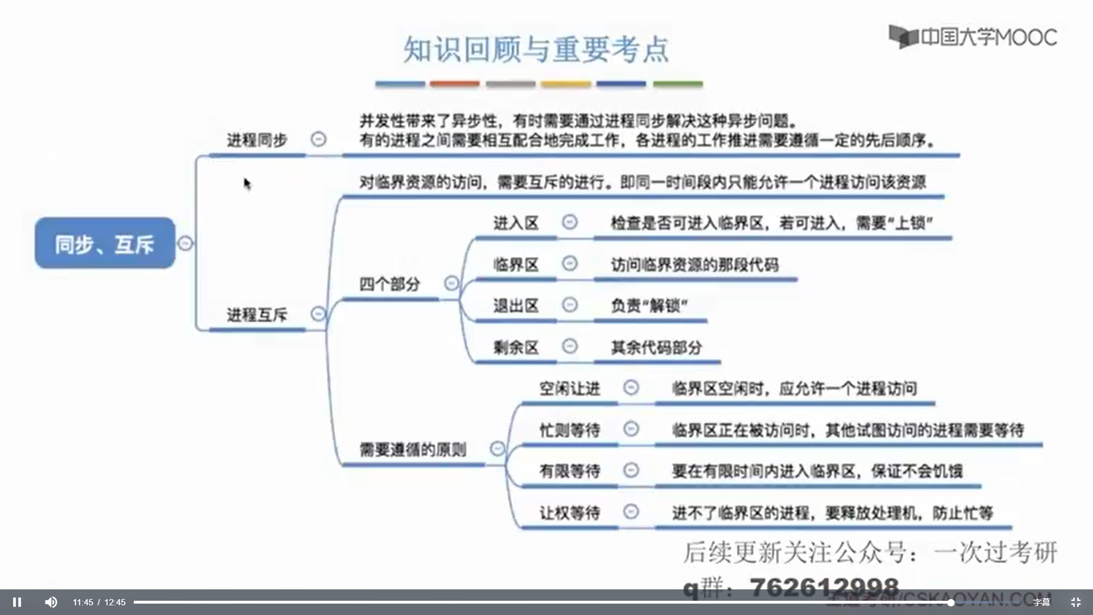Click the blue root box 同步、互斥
click(x=105, y=243)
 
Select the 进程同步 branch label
click(x=257, y=140)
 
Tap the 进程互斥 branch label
click(x=257, y=314)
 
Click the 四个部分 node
click(x=389, y=284)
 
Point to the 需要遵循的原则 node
click(x=413, y=450)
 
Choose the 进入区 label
click(x=516, y=223)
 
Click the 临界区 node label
click(x=516, y=264)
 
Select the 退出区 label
click(x=516, y=306)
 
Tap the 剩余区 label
click(x=516, y=347)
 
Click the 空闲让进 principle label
click(x=569, y=388)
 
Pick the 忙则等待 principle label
click(x=569, y=430)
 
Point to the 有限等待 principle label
click(x=569, y=471)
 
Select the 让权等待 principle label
click(x=569, y=512)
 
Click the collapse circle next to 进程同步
click(x=318, y=139)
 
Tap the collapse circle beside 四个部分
click(x=451, y=283)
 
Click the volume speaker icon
click(x=51, y=602)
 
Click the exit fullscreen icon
click(x=1075, y=602)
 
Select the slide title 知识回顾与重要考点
click(x=536, y=50)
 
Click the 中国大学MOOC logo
click(x=973, y=37)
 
